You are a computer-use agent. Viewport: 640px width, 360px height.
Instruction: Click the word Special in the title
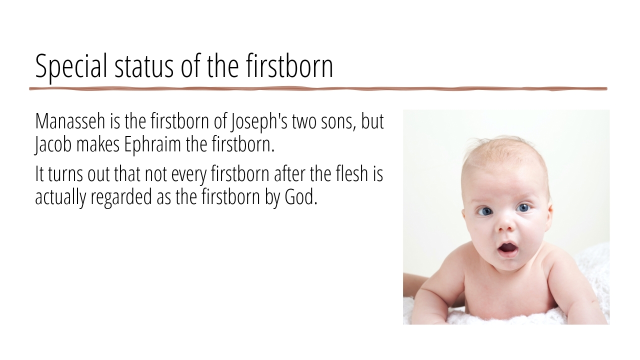71,66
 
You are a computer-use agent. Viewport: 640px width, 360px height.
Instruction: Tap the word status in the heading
144,66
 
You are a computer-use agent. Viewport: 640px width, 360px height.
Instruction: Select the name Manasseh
70,121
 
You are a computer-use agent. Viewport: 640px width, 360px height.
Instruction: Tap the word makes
97,144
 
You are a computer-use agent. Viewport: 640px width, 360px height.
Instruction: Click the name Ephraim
152,145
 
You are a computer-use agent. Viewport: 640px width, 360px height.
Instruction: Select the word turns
65,175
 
